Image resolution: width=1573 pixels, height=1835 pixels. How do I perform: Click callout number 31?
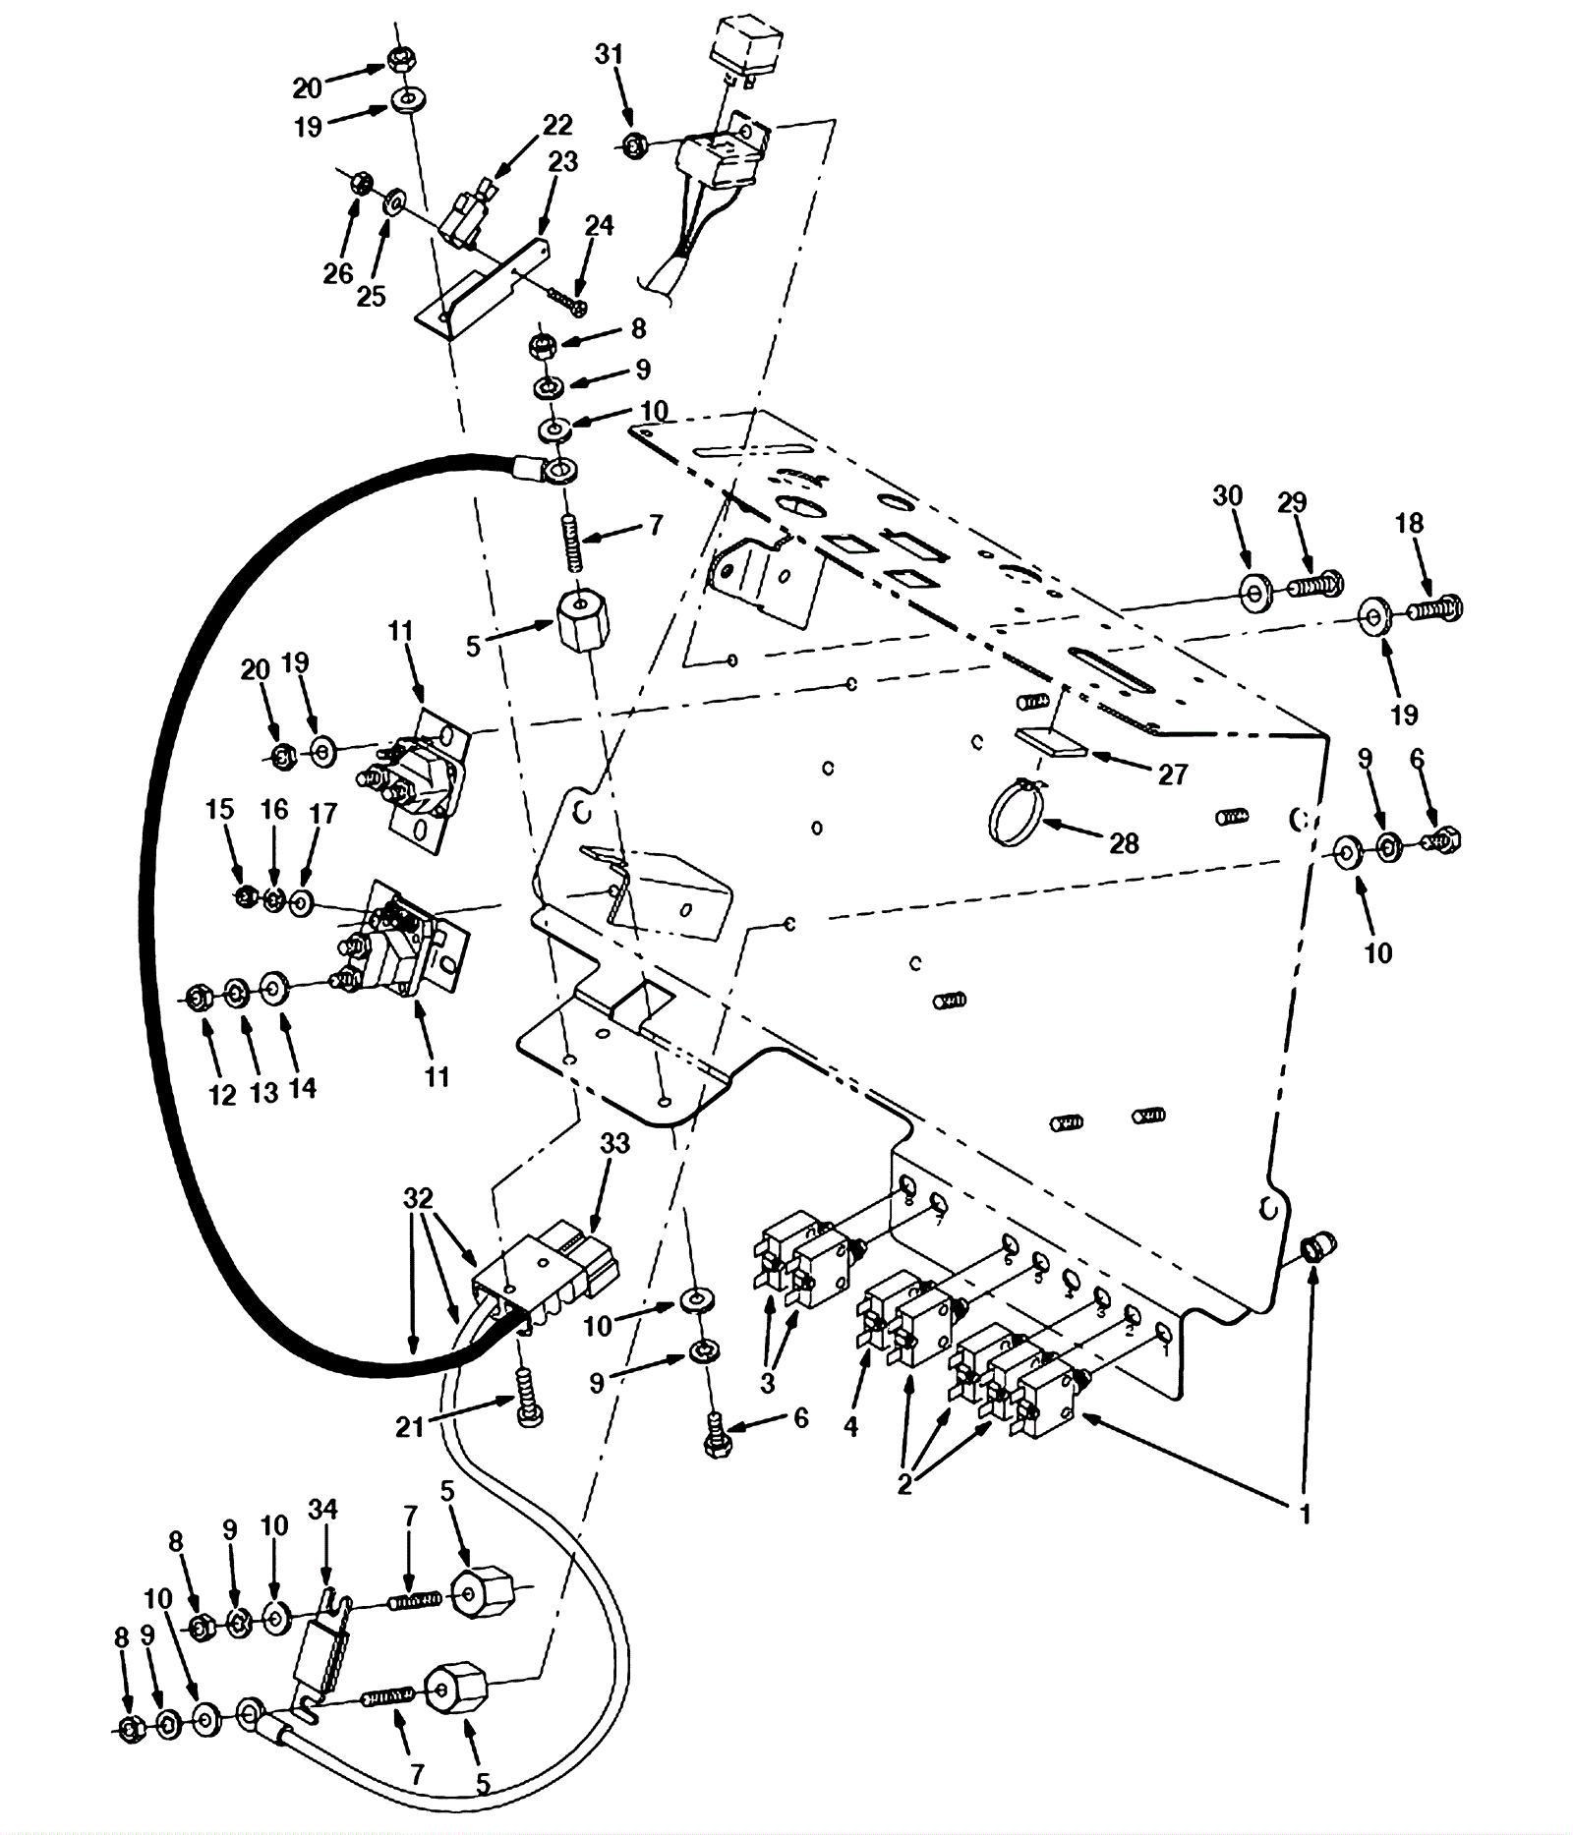click(609, 55)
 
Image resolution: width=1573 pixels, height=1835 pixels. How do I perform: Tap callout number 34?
click(322, 1509)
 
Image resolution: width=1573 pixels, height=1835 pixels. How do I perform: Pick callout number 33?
click(616, 1144)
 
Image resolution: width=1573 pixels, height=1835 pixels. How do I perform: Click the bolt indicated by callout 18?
click(1436, 609)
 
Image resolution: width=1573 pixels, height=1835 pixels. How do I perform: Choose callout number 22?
click(557, 125)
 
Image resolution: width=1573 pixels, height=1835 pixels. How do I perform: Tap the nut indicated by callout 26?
click(360, 182)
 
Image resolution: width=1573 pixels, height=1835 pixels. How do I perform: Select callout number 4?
click(850, 1425)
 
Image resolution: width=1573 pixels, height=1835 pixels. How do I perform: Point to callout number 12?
click(223, 1094)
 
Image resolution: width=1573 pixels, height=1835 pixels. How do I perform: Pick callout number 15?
click(220, 809)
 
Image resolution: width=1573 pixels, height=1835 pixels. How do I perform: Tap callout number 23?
click(563, 161)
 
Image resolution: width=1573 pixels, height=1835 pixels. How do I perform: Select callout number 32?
click(418, 1199)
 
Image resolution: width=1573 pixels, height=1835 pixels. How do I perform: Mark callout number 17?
click(322, 814)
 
